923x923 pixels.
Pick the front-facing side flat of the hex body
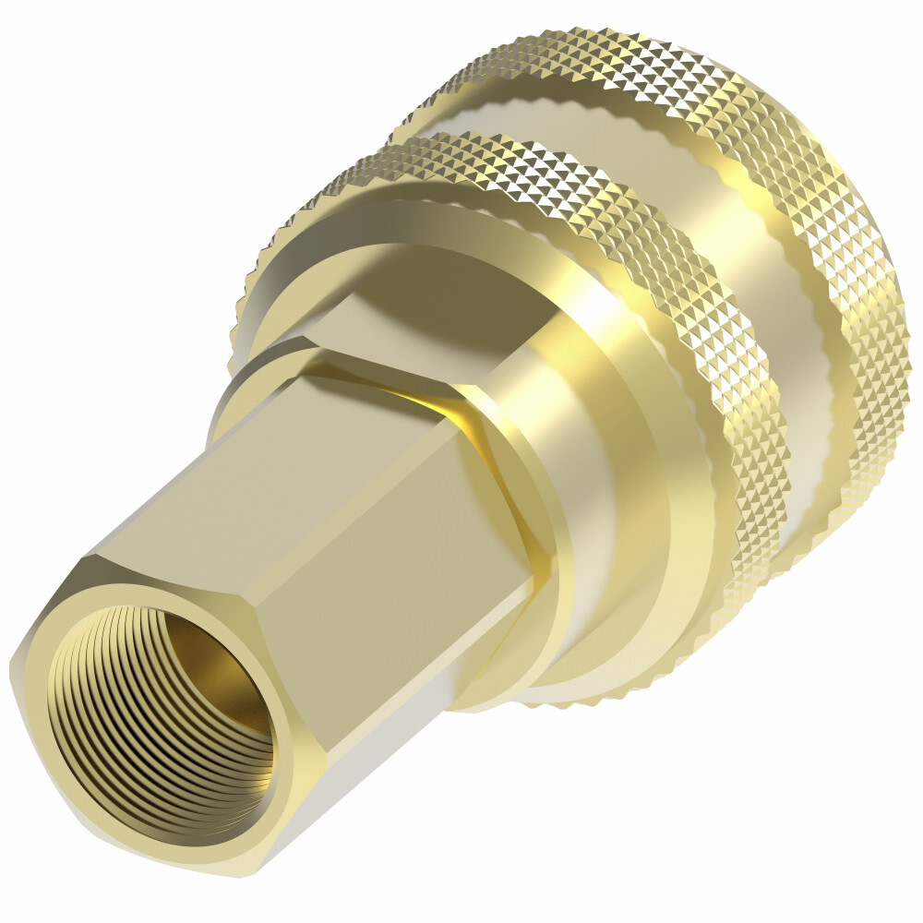(406, 591)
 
